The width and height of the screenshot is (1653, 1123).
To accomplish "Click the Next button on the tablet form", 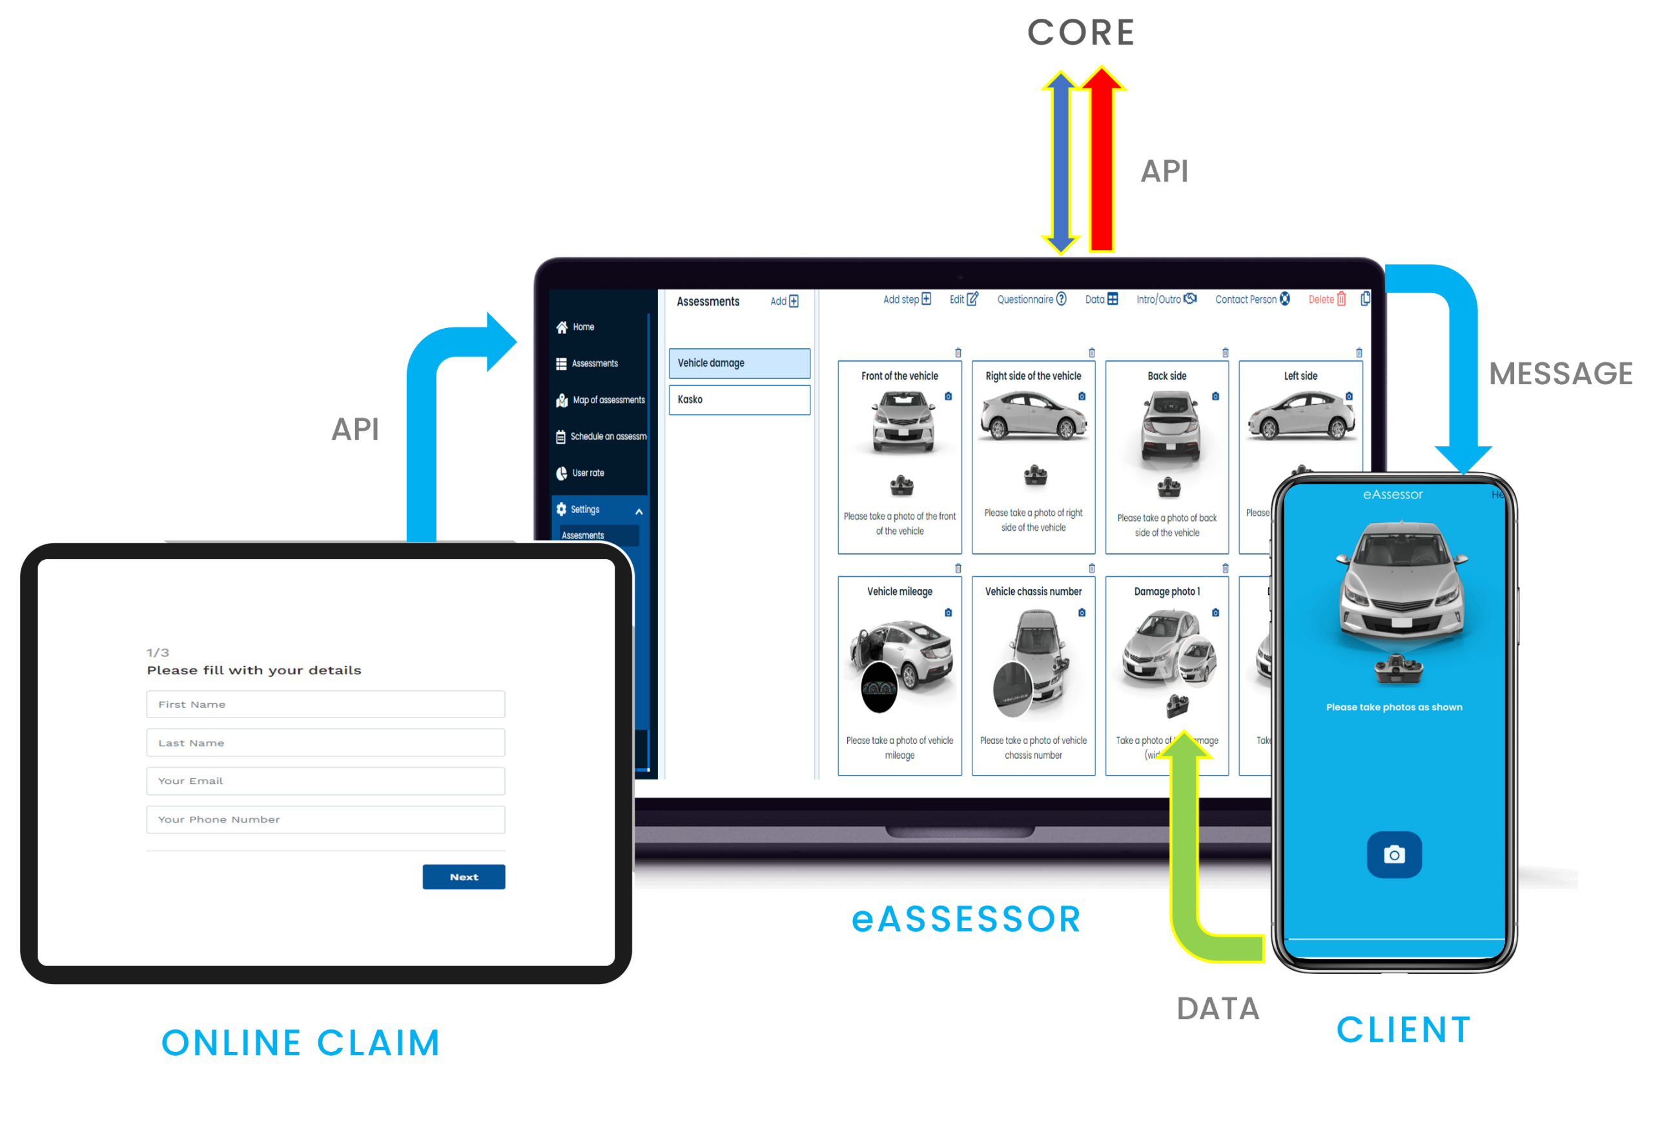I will (464, 876).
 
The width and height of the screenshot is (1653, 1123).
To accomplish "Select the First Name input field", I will (326, 704).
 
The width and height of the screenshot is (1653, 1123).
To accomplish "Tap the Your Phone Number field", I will (326, 819).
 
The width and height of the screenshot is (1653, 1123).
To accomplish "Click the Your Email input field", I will (326, 781).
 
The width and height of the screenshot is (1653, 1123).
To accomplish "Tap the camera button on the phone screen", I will (1393, 854).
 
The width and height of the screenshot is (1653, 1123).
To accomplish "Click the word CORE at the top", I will (1080, 34).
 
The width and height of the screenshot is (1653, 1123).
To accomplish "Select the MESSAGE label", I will (1561, 374).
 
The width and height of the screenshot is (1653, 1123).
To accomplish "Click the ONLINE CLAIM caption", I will (301, 1043).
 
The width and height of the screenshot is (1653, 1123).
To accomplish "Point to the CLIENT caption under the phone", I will (1403, 1029).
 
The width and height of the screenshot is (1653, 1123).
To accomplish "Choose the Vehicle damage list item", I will (739, 363).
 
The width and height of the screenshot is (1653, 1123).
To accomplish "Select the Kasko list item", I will (739, 400).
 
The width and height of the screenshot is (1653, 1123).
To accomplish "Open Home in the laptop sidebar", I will (582, 327).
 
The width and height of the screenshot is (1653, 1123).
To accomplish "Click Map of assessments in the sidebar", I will (608, 400).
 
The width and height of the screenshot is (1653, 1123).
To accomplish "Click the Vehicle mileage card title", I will (899, 592).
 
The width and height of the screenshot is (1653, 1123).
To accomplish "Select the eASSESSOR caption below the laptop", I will (966, 919).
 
